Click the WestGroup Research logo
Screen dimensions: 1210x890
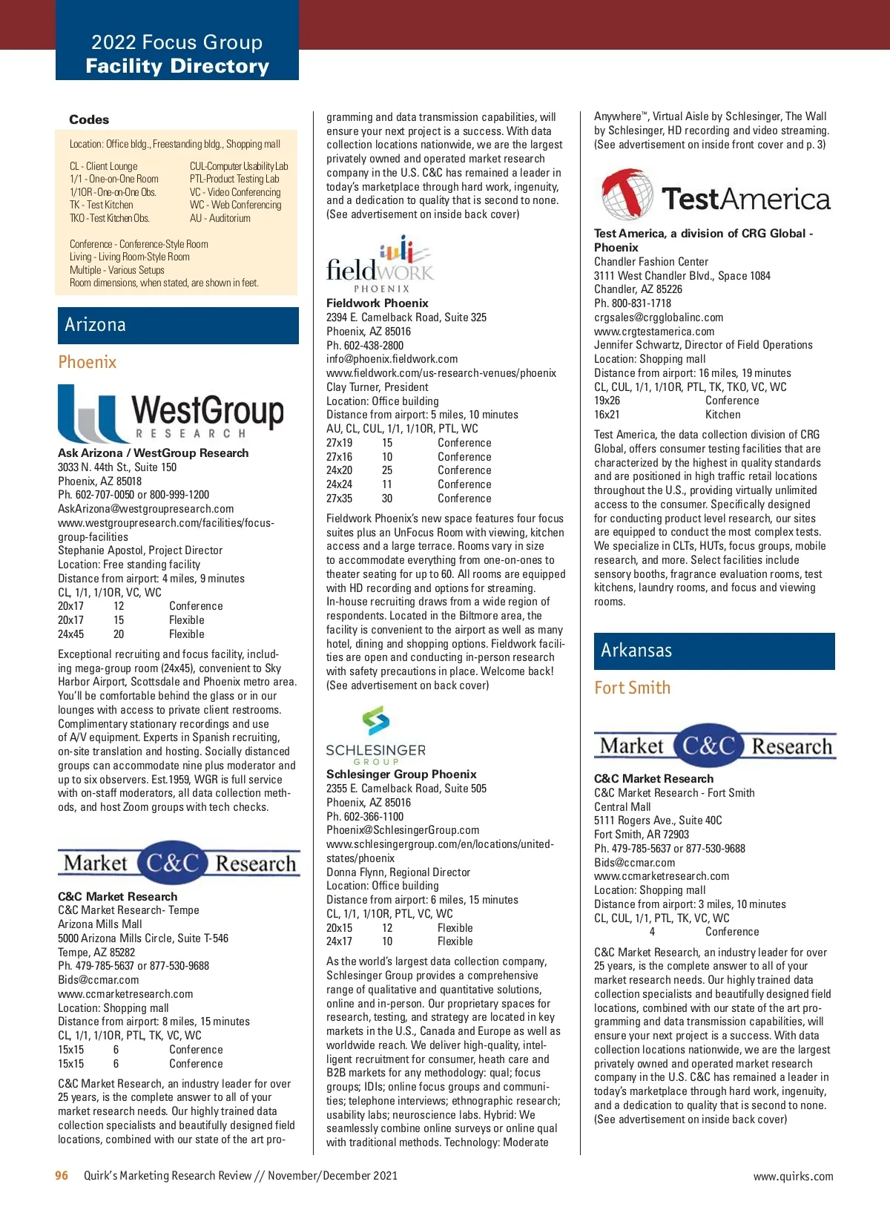click(171, 414)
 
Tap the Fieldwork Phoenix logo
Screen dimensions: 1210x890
click(380, 265)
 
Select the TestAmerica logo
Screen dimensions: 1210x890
click(715, 196)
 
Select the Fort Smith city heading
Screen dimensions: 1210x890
click(632, 688)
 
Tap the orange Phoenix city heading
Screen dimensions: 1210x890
click(88, 362)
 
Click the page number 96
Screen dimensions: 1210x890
click(62, 1175)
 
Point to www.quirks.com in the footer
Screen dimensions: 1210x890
click(793, 1176)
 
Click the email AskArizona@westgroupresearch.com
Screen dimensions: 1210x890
click(145, 509)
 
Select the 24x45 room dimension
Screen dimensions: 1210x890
click(71, 634)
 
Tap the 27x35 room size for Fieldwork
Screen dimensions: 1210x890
click(339, 499)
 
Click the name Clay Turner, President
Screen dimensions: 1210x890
click(377, 387)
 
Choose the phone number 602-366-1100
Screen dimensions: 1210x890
click(374, 816)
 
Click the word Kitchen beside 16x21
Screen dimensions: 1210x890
click(722, 415)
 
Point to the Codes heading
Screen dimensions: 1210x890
click(89, 119)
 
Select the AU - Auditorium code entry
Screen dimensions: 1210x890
click(220, 218)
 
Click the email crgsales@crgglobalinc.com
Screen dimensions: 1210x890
click(658, 318)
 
